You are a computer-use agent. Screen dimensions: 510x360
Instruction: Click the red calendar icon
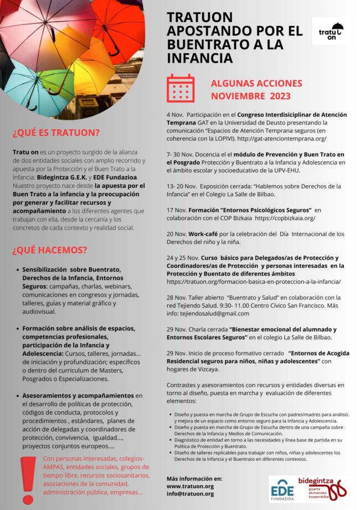(181, 88)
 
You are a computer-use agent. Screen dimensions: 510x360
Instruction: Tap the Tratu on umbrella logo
(331, 32)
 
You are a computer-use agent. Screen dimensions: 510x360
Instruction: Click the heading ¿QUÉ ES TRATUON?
(56, 132)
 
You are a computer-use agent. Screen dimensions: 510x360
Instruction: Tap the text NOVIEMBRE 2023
(251, 95)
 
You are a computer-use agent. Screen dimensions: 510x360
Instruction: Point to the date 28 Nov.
(177, 298)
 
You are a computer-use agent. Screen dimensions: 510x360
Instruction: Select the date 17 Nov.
(177, 210)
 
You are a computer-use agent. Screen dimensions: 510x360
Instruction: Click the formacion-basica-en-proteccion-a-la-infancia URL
(254, 282)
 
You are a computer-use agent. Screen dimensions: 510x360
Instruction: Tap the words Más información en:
(194, 478)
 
